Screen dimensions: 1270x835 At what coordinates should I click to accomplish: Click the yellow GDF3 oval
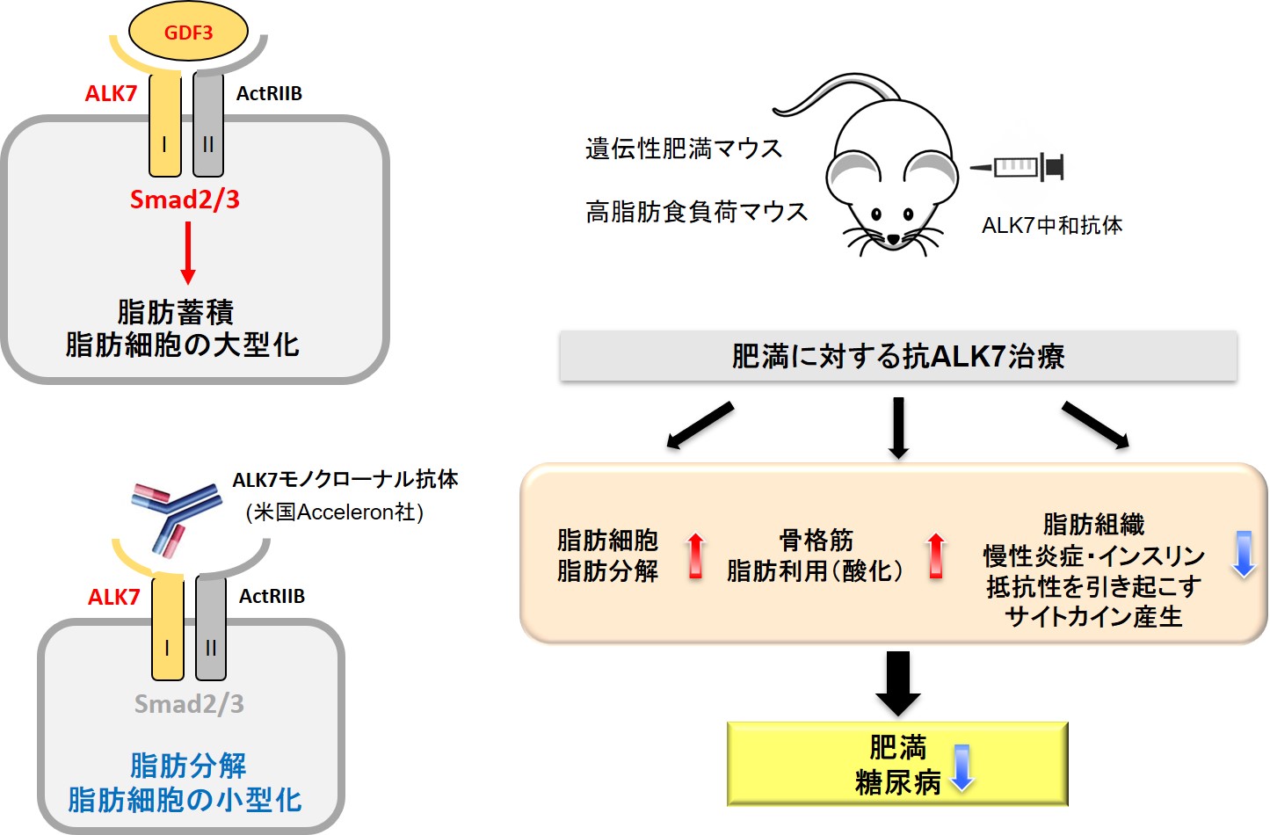(x=188, y=32)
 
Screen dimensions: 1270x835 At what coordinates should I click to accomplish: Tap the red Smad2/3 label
(x=185, y=200)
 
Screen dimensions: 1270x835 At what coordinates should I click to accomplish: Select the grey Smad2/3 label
(x=189, y=704)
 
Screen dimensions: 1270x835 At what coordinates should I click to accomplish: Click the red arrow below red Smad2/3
(x=188, y=253)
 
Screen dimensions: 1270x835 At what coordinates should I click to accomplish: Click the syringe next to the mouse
(x=1017, y=167)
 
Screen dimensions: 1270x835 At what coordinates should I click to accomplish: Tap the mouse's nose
(x=893, y=239)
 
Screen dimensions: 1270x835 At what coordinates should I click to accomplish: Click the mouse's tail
(x=833, y=93)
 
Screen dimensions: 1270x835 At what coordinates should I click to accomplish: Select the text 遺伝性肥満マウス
(x=684, y=149)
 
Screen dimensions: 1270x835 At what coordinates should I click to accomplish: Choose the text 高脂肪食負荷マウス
(x=697, y=212)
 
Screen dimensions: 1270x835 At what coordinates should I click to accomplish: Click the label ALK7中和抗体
(x=1052, y=226)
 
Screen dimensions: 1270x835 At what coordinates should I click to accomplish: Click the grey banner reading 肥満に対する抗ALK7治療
(x=898, y=356)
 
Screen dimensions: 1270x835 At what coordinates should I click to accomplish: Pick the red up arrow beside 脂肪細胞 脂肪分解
(x=696, y=555)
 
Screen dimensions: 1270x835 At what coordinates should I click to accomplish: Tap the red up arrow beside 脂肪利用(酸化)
(x=936, y=555)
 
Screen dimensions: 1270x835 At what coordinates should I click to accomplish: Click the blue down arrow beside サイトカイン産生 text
(x=1244, y=555)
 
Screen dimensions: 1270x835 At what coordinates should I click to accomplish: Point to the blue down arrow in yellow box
(x=962, y=768)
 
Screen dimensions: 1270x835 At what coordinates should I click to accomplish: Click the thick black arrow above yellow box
(x=898, y=684)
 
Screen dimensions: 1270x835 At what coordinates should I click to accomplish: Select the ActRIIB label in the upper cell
(x=269, y=93)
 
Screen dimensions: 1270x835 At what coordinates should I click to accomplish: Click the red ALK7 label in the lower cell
(x=113, y=597)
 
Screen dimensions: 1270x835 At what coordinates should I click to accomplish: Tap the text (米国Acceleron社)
(x=335, y=512)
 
